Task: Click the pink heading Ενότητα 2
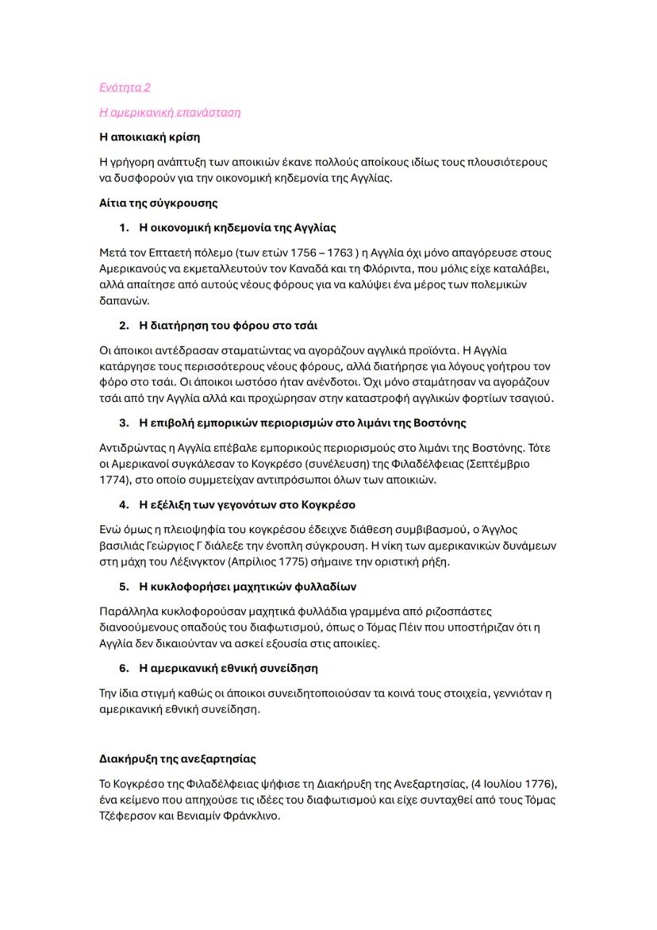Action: (x=125, y=87)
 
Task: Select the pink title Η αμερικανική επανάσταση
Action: (x=170, y=112)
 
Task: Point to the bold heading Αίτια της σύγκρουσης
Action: (x=158, y=203)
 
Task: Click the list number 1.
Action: (x=124, y=228)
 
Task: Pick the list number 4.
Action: (x=124, y=504)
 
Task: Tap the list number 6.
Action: (x=124, y=668)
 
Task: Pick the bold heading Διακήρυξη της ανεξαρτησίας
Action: (x=177, y=758)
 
